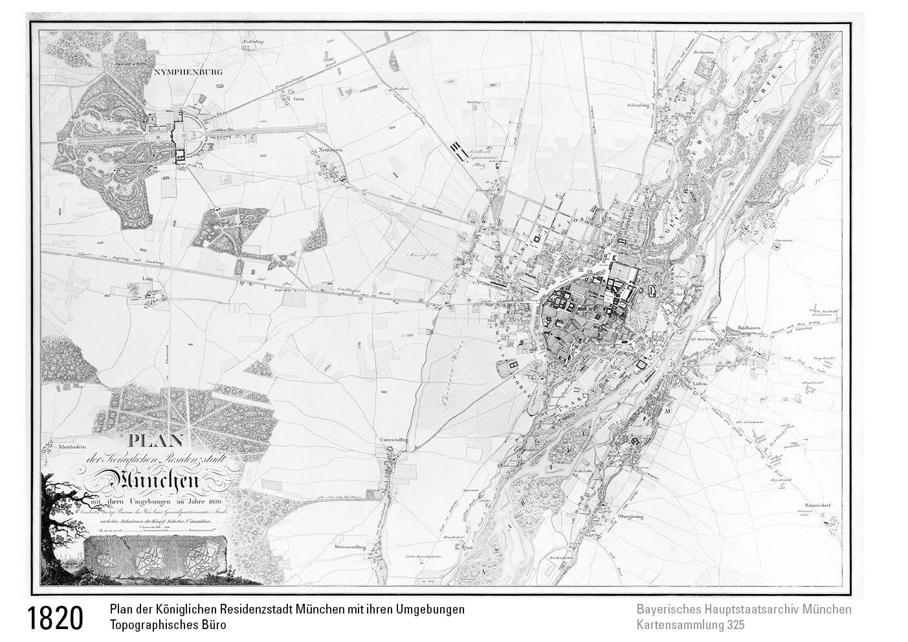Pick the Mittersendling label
(x=349, y=547)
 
